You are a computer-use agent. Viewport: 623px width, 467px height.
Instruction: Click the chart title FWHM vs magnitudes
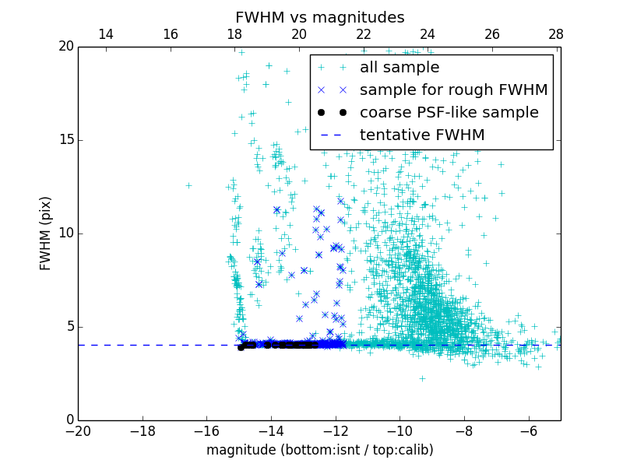point(319,17)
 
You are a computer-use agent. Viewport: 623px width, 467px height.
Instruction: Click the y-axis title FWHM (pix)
point(46,233)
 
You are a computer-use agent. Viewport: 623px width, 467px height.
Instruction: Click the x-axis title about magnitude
point(319,450)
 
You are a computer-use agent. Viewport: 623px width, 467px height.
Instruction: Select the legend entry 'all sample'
point(399,68)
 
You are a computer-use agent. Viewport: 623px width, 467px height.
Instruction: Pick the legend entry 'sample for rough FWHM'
point(453,90)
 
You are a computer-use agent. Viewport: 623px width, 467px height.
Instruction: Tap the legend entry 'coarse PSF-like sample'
point(449,113)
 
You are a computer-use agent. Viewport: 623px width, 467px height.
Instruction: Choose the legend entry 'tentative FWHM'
point(422,135)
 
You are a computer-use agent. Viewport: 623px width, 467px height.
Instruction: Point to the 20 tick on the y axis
point(65,47)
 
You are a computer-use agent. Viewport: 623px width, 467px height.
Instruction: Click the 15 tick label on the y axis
point(65,140)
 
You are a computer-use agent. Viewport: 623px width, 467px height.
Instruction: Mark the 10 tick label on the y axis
point(65,233)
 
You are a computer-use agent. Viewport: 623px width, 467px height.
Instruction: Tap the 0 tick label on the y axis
point(69,420)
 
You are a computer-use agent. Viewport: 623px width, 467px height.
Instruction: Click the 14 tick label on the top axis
point(105,34)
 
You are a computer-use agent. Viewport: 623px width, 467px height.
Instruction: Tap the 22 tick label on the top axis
point(363,34)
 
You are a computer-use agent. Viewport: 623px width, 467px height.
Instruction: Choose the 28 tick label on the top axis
point(555,34)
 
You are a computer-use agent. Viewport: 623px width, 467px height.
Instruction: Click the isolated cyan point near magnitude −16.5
point(188,185)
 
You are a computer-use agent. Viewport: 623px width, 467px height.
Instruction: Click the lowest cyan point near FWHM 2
point(422,378)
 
